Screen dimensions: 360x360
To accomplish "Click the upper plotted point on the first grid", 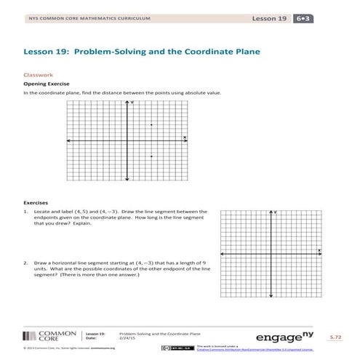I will click(x=151, y=125).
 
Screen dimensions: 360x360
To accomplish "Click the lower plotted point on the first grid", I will click(x=151, y=156).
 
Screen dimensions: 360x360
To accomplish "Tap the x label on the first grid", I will click(x=185, y=137).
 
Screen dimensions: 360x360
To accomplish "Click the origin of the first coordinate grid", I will click(x=127, y=140).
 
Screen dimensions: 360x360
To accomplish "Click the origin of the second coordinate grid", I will click(x=271, y=253).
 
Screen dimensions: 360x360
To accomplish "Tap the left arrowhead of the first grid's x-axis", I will click(x=67, y=140).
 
